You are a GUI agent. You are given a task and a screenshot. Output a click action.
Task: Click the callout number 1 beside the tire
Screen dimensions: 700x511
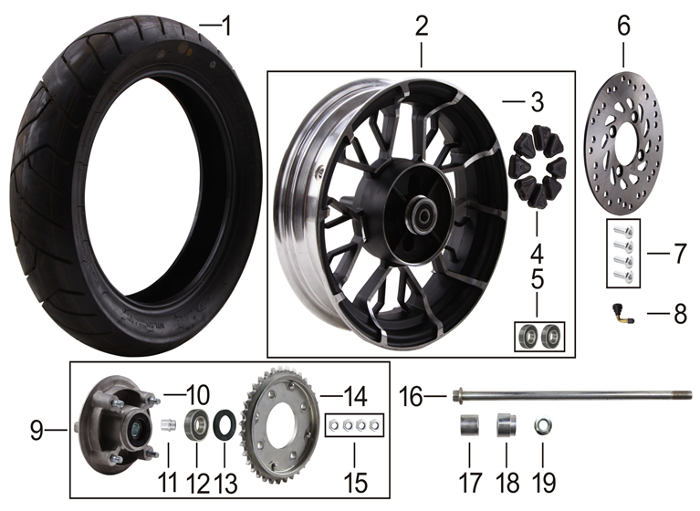tap(227, 26)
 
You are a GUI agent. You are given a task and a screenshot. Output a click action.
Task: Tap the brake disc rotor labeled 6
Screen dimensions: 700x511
tap(623, 154)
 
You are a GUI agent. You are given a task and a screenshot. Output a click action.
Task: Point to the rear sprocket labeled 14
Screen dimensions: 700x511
tap(280, 429)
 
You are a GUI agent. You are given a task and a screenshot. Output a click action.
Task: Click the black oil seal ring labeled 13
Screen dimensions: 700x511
tap(224, 425)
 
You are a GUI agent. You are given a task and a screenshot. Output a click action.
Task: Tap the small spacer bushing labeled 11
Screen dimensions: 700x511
tap(168, 424)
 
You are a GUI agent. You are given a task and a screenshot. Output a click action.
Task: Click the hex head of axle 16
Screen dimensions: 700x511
tap(457, 395)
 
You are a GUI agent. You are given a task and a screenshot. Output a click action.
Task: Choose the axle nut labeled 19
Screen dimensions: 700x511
tap(543, 425)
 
